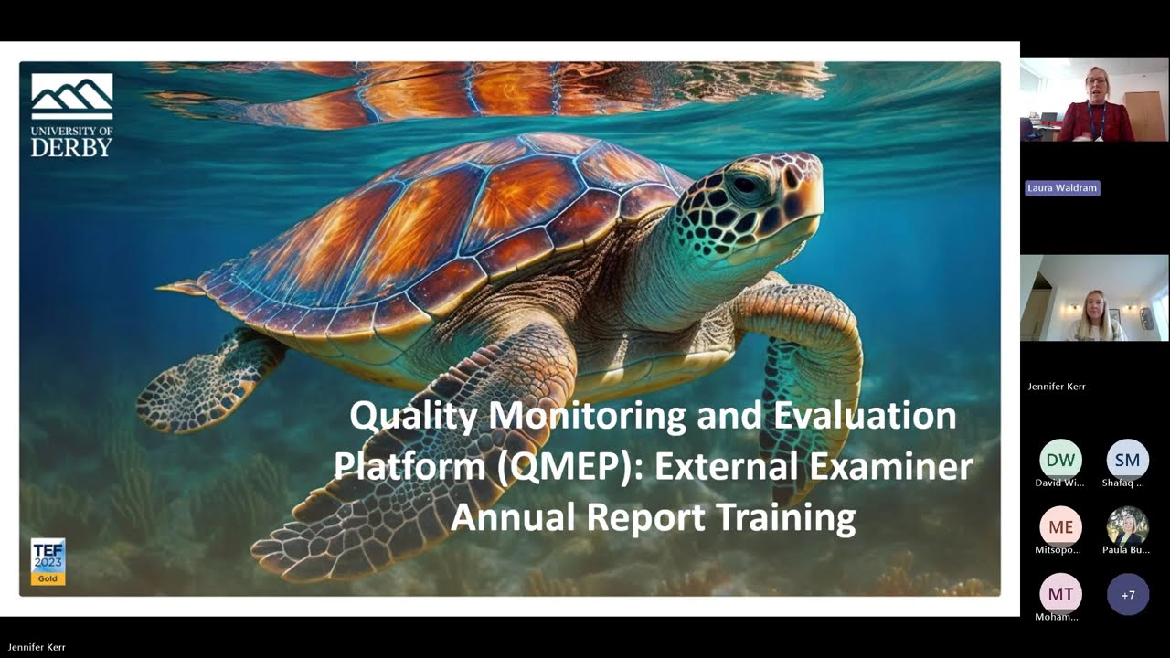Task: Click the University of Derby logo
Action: tap(72, 115)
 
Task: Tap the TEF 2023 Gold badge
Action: tap(48, 560)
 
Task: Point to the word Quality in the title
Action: tap(413, 416)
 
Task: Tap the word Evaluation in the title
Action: tap(865, 416)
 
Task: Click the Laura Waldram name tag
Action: tap(1062, 188)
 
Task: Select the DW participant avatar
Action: tap(1060, 460)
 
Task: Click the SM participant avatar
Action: tap(1127, 460)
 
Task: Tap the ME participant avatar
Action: tap(1060, 526)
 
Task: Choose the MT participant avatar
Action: tap(1060, 594)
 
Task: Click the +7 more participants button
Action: tap(1127, 594)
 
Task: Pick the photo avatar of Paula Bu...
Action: tap(1127, 526)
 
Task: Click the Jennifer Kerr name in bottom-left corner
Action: tap(37, 647)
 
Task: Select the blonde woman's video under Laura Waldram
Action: tap(1094, 298)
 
